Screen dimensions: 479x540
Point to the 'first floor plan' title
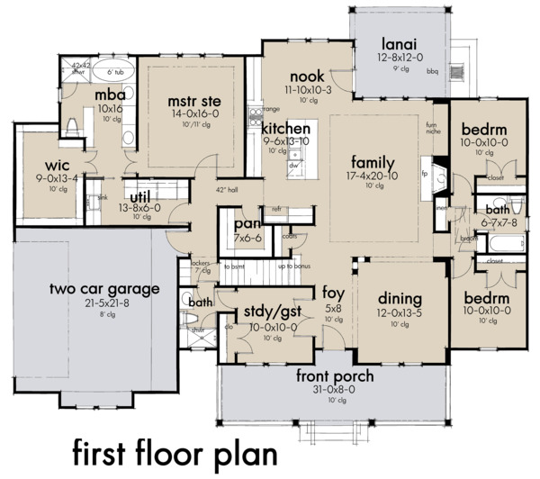(166, 449)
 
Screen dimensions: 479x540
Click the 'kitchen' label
(286, 128)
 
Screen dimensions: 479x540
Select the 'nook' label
(307, 77)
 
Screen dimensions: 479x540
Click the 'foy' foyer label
(333, 292)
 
